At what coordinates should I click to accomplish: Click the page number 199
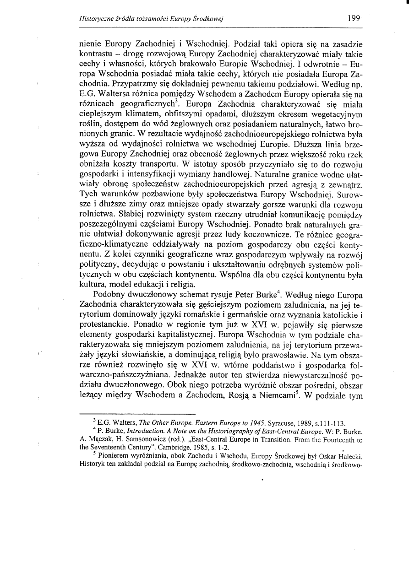click(354, 19)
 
